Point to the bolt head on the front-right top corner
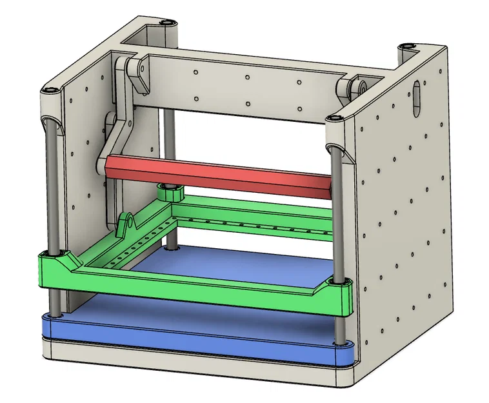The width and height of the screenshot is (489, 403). click(x=335, y=118)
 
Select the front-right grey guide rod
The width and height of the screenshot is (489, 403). click(x=337, y=213)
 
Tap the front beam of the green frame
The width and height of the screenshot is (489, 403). click(x=194, y=284)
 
